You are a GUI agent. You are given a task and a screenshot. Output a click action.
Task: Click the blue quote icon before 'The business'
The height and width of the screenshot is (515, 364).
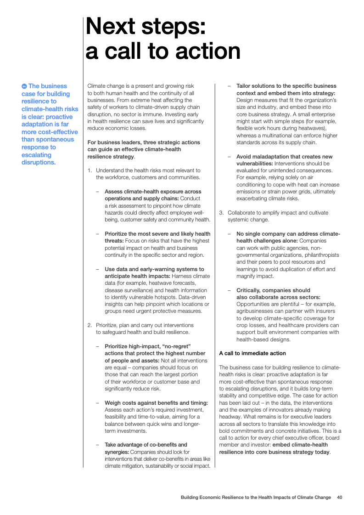click(24, 86)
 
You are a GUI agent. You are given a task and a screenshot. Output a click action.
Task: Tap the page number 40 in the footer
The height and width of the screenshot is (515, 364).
click(339, 497)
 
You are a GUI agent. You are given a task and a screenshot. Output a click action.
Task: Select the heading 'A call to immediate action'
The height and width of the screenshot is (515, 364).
click(252, 353)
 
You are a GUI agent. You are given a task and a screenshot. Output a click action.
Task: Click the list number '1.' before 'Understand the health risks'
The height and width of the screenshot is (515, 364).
click(90, 170)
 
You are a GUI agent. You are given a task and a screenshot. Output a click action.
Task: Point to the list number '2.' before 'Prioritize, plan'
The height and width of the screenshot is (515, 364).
click(90, 325)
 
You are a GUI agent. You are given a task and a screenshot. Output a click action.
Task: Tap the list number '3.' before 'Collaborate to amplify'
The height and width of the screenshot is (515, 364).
click(221, 213)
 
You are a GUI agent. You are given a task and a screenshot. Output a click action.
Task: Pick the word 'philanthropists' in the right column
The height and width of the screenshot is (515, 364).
click(317, 255)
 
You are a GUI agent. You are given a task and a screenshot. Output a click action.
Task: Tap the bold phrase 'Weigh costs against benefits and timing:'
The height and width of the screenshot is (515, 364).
click(156, 403)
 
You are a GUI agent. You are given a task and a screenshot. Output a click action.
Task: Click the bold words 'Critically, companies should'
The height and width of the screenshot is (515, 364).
click(273, 290)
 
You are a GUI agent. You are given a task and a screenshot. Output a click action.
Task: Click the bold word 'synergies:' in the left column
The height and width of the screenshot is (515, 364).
click(119, 452)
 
